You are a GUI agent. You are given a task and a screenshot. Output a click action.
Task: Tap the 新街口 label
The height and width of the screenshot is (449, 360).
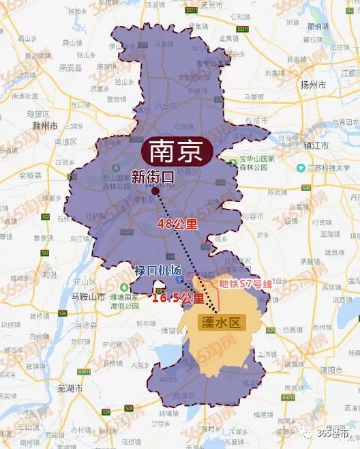point(152,177)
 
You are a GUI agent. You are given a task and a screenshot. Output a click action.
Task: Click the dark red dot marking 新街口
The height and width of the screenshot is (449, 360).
point(155,192)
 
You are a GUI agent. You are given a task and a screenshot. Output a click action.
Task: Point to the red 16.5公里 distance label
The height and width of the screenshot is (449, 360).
point(177,298)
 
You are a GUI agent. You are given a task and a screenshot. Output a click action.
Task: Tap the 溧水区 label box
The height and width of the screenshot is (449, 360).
point(220,323)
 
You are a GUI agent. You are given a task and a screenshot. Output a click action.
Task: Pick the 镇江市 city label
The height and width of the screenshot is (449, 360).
point(316,146)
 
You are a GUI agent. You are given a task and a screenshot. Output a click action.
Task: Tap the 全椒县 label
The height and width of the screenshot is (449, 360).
point(30,175)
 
